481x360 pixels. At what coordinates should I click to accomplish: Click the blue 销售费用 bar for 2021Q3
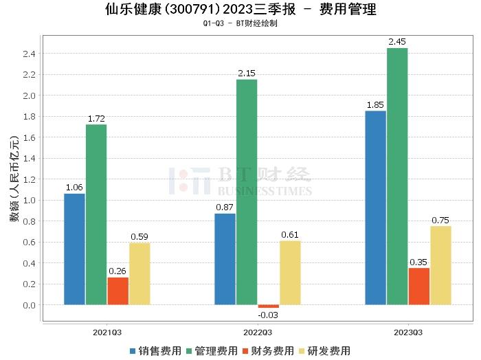click(x=74, y=249)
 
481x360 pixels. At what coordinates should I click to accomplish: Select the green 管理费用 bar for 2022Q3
click(x=247, y=192)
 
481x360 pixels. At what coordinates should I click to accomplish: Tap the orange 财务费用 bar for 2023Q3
click(x=418, y=286)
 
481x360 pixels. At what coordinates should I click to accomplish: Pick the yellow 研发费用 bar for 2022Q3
click(x=290, y=272)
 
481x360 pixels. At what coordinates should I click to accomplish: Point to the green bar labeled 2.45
click(x=397, y=176)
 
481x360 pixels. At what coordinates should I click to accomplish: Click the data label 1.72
click(x=96, y=119)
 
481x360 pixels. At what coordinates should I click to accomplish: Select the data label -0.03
click(x=268, y=315)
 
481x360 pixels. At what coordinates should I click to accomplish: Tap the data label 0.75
click(x=440, y=221)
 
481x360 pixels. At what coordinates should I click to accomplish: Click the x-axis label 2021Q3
click(x=107, y=332)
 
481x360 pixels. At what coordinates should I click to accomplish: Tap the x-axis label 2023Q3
click(x=407, y=332)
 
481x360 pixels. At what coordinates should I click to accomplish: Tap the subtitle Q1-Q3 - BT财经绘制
click(x=240, y=23)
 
